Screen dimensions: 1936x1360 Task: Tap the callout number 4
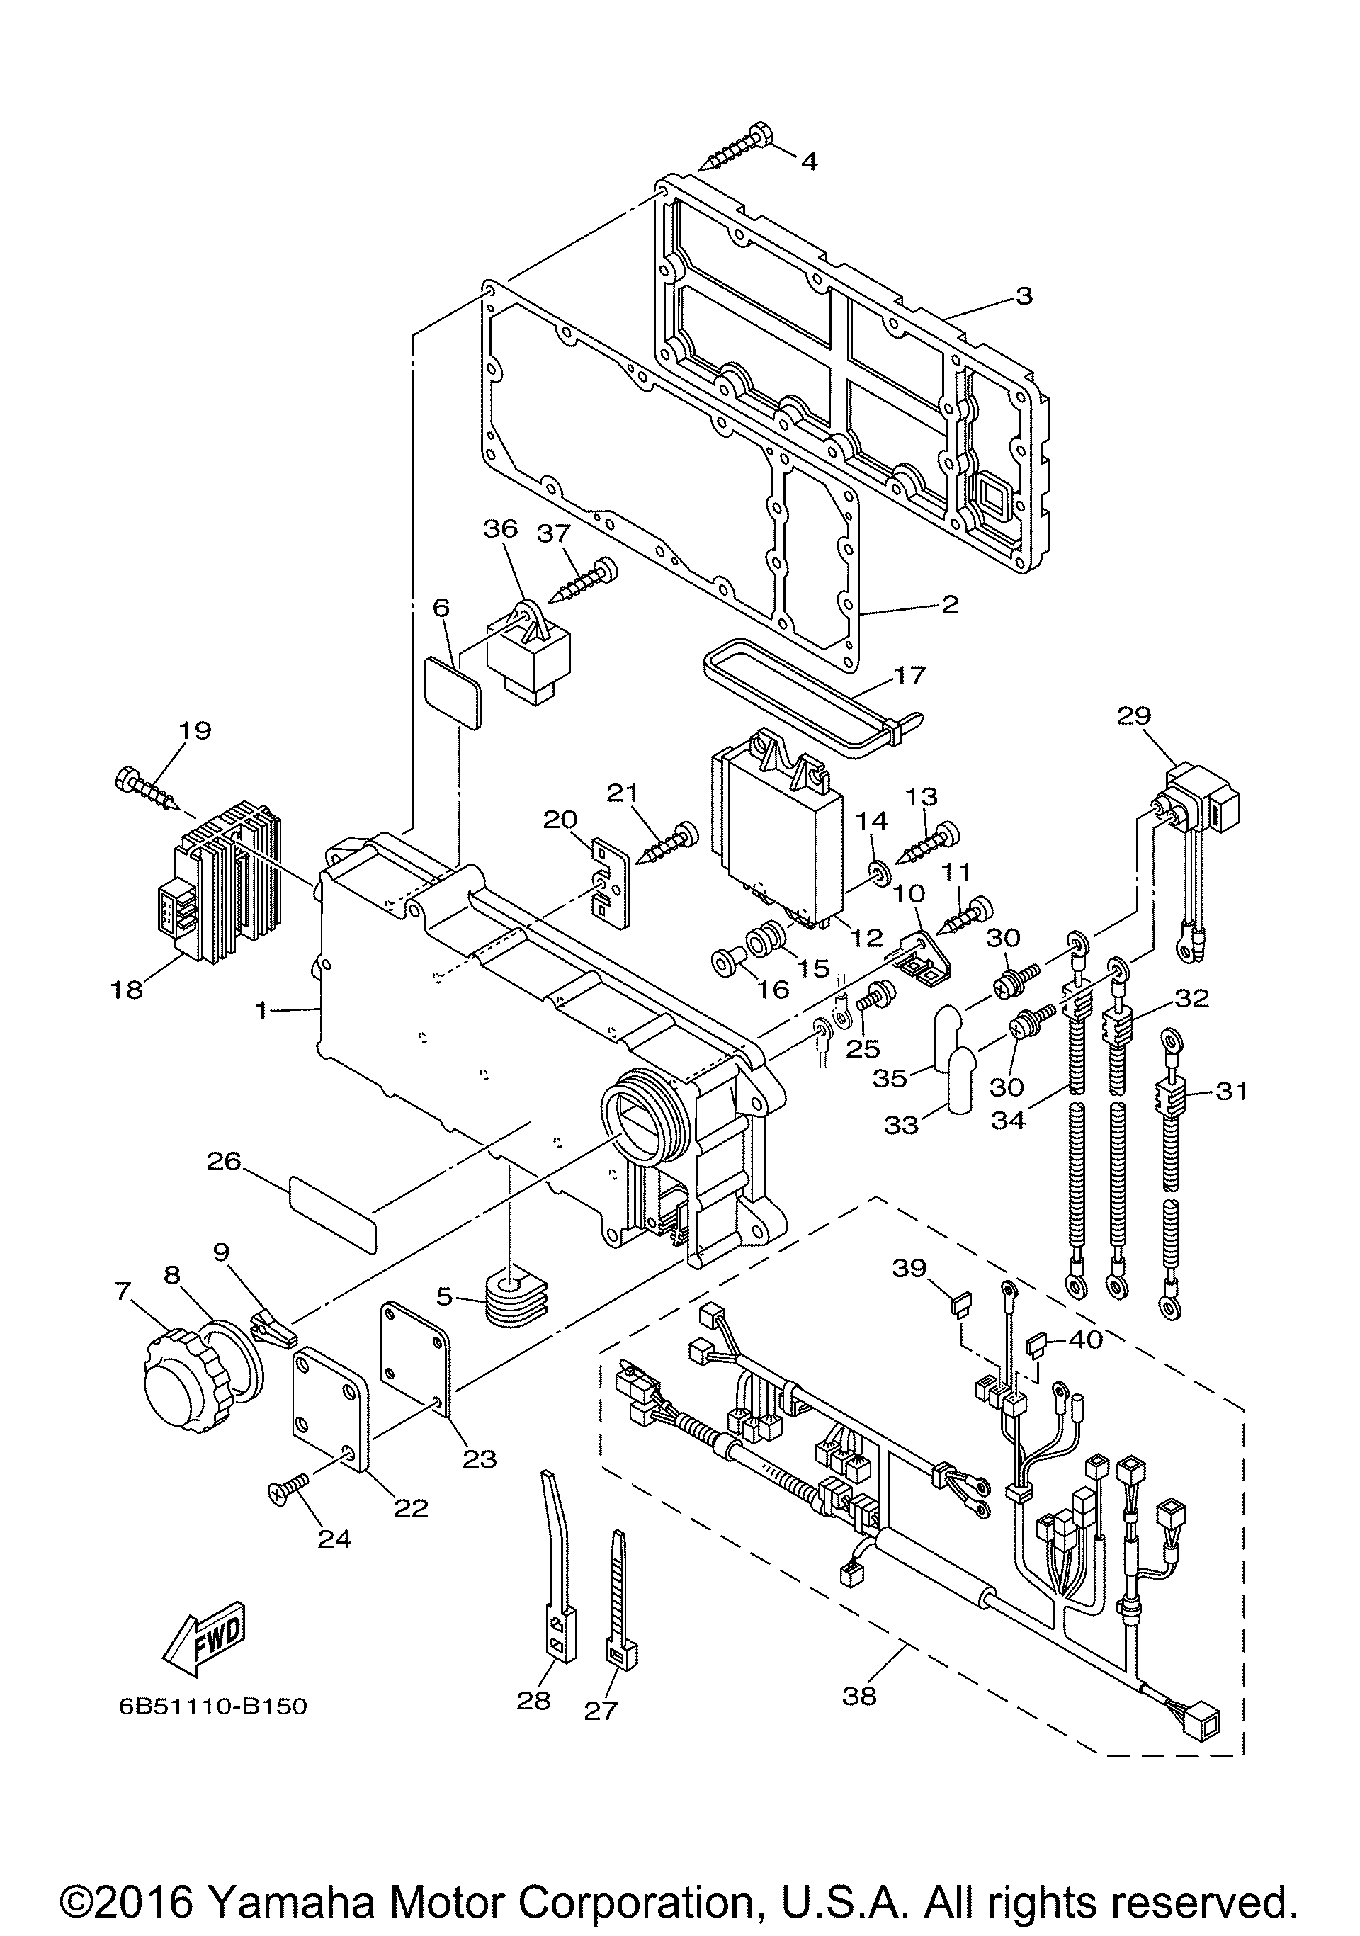(809, 161)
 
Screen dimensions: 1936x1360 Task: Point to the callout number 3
(1023, 296)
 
